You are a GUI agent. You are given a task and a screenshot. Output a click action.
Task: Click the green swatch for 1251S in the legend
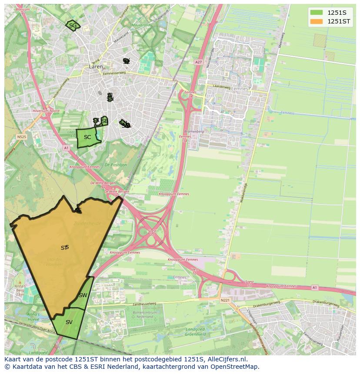pyautogui.click(x=317, y=13)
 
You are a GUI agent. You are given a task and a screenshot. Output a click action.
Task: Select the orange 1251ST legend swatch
pyautogui.click(x=317, y=21)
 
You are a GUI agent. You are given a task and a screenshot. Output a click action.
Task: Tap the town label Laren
pyautogui.click(x=96, y=67)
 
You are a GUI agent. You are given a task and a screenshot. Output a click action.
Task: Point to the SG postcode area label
pyautogui.click(x=73, y=26)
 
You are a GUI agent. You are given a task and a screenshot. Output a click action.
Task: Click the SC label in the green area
pyautogui.click(x=87, y=137)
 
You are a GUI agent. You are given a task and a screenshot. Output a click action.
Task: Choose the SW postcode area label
pyautogui.click(x=83, y=295)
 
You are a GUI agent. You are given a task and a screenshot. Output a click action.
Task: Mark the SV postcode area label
pyautogui.click(x=69, y=322)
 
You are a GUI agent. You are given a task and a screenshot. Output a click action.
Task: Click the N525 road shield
pyautogui.click(x=21, y=136)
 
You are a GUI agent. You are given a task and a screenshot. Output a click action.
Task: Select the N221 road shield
pyautogui.click(x=224, y=300)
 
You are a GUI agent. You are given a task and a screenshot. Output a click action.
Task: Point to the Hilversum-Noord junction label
pyautogui.click(x=43, y=111)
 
